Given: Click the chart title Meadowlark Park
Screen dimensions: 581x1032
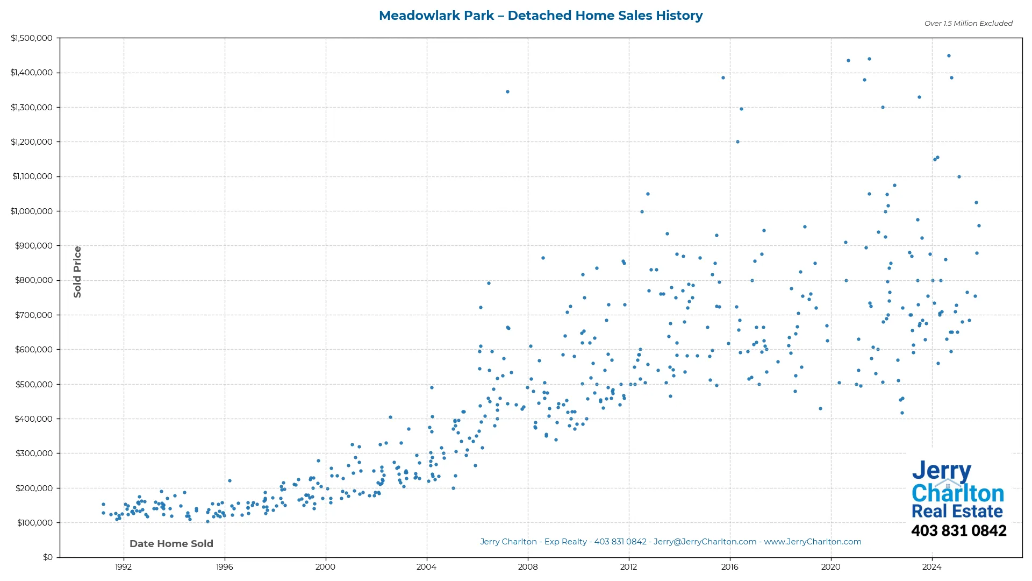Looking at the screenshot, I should click(436, 16).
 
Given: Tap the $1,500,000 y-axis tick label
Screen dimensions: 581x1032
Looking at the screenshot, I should click(32, 38).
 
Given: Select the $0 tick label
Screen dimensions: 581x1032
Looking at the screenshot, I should click(48, 557).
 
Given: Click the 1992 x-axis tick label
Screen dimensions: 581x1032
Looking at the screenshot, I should click(123, 567).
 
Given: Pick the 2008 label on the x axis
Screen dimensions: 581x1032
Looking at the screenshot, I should click(527, 567).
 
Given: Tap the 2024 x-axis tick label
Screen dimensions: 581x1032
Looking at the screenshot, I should click(931, 567).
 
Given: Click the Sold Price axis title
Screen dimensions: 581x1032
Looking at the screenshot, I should click(77, 272).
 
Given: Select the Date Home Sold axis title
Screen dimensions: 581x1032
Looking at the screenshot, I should click(171, 544).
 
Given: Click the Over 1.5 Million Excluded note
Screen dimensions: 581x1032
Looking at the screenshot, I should click(968, 24).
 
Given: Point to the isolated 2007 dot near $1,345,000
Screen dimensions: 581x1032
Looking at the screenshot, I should click(507, 92).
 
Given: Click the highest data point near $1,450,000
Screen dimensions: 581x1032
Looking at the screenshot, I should click(949, 56).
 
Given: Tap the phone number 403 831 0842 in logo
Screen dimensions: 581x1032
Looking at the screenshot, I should click(958, 531).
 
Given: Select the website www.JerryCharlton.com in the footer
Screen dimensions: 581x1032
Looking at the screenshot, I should click(812, 542).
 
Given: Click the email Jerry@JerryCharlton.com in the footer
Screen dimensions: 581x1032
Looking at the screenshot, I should click(705, 542).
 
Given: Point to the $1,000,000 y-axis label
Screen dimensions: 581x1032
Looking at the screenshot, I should click(32, 211).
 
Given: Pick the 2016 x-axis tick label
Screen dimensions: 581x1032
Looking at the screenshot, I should click(729, 567).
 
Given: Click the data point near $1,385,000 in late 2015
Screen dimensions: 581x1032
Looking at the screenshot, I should click(723, 78).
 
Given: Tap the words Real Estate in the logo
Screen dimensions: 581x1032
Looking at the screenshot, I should click(957, 512).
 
